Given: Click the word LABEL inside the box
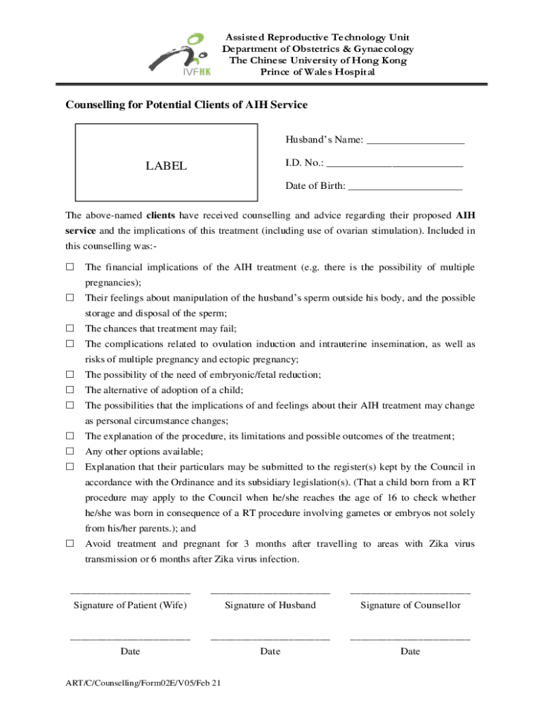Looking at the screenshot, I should click(166, 166).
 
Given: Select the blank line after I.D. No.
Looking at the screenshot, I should click(396, 164).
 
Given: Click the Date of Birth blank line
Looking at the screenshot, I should click(405, 187).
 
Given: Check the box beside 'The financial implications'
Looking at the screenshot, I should click(70, 268).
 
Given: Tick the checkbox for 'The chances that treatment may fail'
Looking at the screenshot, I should click(70, 329).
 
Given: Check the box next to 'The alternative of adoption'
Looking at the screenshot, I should click(70, 390).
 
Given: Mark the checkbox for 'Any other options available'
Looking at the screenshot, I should click(70, 451).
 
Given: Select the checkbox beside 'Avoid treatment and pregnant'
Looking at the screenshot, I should click(70, 544).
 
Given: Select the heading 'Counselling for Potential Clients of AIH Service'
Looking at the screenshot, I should click(186, 105).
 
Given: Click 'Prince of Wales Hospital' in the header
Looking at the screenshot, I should click(318, 72).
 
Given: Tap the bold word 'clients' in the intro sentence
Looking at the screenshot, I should click(161, 216).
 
